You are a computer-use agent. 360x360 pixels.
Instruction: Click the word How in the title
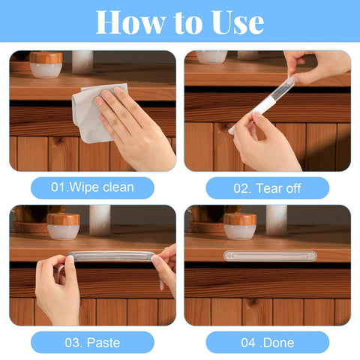tap(130, 22)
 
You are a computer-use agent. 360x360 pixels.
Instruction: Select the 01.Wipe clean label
tap(92, 187)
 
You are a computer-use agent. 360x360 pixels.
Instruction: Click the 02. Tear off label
tap(267, 187)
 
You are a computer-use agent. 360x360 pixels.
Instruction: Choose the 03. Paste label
tap(92, 342)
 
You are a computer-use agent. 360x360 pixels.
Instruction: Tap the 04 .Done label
tap(267, 342)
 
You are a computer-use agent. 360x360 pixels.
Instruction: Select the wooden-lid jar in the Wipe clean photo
tap(46, 64)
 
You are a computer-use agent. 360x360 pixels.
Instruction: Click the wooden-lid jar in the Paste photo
tap(63, 225)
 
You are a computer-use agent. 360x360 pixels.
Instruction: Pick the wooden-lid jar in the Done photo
tap(239, 225)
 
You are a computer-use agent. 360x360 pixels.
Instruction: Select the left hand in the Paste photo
tap(56, 289)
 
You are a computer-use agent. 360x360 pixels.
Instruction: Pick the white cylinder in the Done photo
tap(276, 219)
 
